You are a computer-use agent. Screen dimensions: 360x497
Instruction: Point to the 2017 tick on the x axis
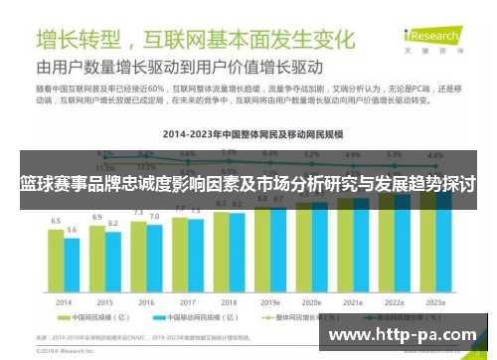point(187,301)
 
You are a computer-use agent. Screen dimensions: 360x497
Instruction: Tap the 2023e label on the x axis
point(433,301)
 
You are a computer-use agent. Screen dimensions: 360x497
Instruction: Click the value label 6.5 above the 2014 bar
point(56,220)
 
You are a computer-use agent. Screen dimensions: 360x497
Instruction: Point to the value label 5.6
point(72,230)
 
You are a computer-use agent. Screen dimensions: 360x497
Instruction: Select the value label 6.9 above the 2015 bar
point(96,216)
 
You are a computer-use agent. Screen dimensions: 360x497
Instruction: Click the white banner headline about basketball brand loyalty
point(248,185)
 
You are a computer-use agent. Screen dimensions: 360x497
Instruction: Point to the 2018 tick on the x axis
point(228,301)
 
